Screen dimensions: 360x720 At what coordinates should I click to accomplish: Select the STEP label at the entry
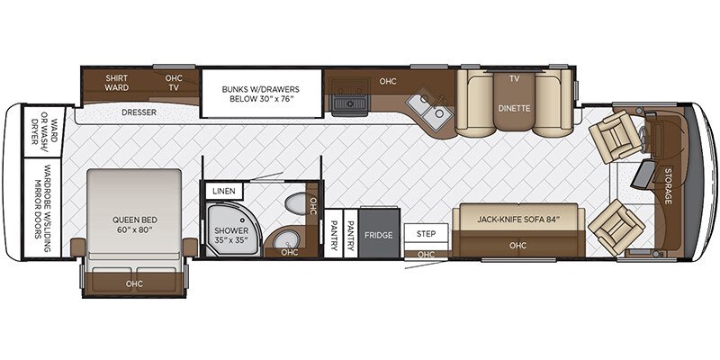(425, 233)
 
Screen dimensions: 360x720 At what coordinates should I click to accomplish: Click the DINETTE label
(514, 108)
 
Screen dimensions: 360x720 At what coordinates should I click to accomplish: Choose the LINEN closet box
(220, 191)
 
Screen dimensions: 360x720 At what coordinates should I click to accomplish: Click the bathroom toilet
(292, 206)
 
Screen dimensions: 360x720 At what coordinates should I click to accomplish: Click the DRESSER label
(139, 112)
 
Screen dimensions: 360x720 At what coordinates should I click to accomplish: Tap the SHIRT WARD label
(117, 83)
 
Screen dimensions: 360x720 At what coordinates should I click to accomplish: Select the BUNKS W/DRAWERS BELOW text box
(260, 95)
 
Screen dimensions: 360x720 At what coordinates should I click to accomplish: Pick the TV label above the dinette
(514, 79)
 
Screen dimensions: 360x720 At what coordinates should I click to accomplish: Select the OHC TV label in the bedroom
(174, 83)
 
